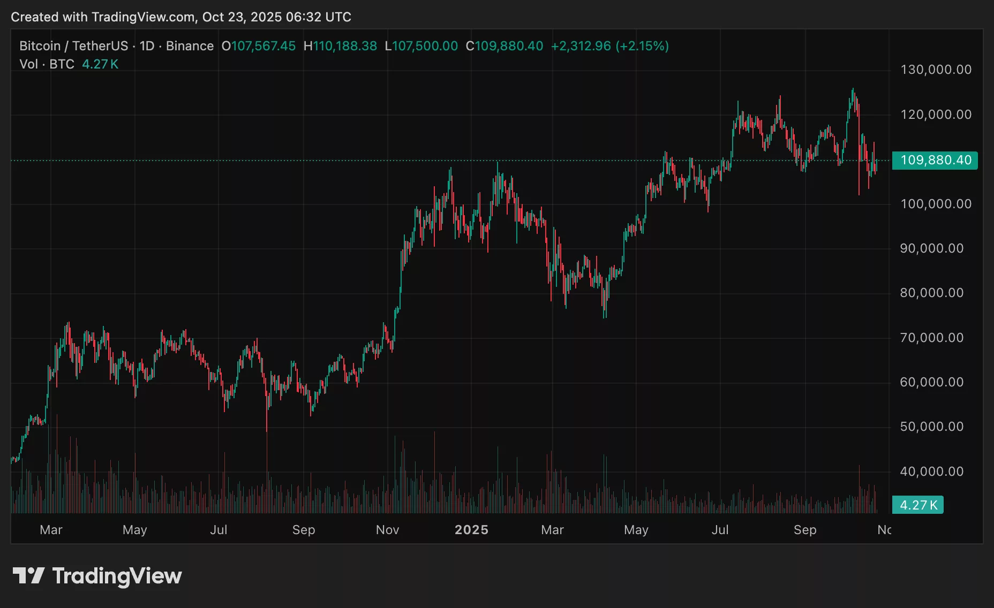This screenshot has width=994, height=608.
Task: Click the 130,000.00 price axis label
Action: point(936,70)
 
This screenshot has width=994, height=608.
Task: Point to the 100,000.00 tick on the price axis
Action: point(936,204)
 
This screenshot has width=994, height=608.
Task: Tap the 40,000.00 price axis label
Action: point(931,472)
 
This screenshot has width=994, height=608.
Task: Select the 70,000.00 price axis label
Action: point(931,338)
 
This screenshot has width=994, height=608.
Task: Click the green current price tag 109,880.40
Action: point(935,160)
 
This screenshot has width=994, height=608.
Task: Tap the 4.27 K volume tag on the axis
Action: point(918,505)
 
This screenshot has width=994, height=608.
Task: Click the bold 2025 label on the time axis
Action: point(471,530)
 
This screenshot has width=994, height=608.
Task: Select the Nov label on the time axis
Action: point(387,530)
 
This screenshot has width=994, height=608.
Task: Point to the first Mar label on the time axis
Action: point(51,530)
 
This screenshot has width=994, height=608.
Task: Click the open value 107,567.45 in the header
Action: point(263,46)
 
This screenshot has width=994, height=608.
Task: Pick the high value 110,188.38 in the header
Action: point(345,46)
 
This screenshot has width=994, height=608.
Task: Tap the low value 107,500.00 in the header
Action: point(425,46)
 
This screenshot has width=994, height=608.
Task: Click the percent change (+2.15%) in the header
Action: point(642,46)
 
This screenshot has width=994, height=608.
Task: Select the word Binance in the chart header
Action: point(190,46)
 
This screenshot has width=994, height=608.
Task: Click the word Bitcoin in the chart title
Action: point(40,46)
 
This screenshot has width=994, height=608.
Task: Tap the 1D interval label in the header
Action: point(147,46)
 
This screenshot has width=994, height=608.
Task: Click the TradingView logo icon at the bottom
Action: point(28,576)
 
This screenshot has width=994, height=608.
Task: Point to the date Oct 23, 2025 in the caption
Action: point(240,17)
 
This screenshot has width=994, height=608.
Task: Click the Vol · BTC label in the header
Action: point(47,64)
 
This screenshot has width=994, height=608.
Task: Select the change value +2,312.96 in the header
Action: point(581,46)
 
